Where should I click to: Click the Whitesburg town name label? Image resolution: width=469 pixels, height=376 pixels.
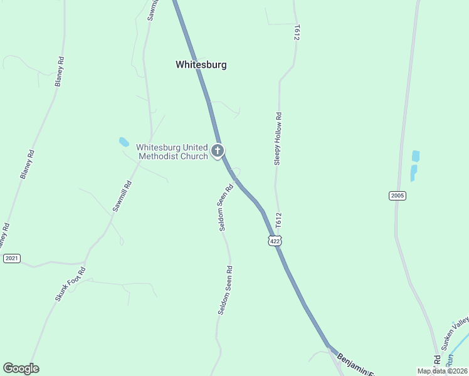click(x=201, y=65)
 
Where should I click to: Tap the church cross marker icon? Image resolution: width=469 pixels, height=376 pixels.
click(x=218, y=150)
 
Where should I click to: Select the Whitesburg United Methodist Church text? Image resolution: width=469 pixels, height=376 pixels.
click(x=172, y=152)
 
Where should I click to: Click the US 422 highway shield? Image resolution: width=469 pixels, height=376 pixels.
click(x=275, y=241)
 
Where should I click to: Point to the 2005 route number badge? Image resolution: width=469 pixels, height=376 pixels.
click(x=397, y=196)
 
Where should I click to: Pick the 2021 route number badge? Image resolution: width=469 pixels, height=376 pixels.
click(x=12, y=258)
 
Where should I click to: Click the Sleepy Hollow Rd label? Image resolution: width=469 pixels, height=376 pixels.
click(x=277, y=139)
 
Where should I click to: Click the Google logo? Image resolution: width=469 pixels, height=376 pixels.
click(x=21, y=368)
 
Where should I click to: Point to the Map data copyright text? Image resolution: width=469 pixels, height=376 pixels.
click(x=442, y=371)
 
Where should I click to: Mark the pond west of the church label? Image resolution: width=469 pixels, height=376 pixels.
click(x=124, y=142)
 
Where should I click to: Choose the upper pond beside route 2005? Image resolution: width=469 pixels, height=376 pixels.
click(x=415, y=156)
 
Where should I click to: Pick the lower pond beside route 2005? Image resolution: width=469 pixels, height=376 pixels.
click(x=413, y=172)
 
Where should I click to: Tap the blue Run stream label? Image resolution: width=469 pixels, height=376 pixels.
click(x=449, y=362)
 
